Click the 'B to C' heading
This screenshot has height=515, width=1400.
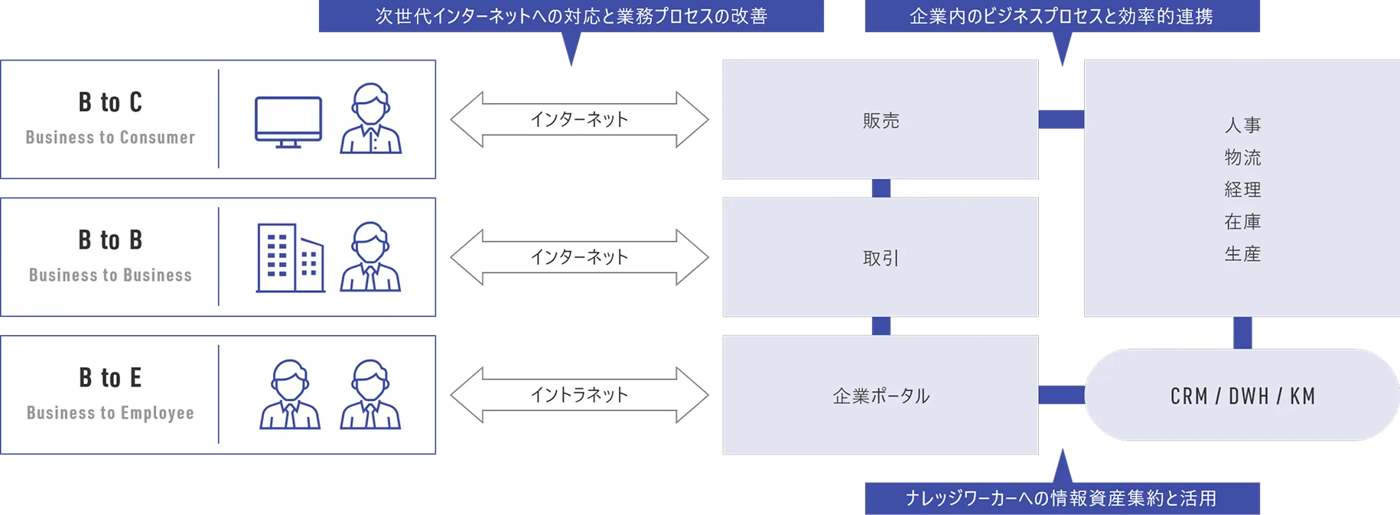click(x=110, y=103)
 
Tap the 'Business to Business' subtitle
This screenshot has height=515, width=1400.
click(x=110, y=275)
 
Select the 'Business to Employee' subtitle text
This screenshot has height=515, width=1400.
click(x=110, y=413)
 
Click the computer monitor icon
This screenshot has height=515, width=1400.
click(x=288, y=122)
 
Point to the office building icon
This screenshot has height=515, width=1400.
click(x=290, y=258)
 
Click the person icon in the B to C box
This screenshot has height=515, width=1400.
click(x=371, y=119)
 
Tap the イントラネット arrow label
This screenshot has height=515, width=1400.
click(x=579, y=395)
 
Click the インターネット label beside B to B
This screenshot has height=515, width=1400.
click(x=579, y=257)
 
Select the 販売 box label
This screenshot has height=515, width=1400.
click(x=881, y=121)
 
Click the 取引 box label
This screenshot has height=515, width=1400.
click(x=881, y=259)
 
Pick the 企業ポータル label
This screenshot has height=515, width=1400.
click(x=881, y=396)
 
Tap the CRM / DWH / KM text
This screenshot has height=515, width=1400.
click(x=1242, y=396)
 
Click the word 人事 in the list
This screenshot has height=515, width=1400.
click(x=1242, y=125)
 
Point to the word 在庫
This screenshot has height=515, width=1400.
click(x=1242, y=222)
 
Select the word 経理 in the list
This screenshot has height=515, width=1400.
click(x=1242, y=190)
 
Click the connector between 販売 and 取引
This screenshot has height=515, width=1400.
click(x=881, y=188)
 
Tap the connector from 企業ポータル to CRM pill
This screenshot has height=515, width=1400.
click(x=1061, y=395)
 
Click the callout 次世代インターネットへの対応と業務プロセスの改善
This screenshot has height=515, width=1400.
click(x=571, y=16)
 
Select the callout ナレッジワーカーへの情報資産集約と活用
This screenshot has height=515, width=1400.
click(x=1061, y=498)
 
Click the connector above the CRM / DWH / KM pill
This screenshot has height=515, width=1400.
click(x=1242, y=333)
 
